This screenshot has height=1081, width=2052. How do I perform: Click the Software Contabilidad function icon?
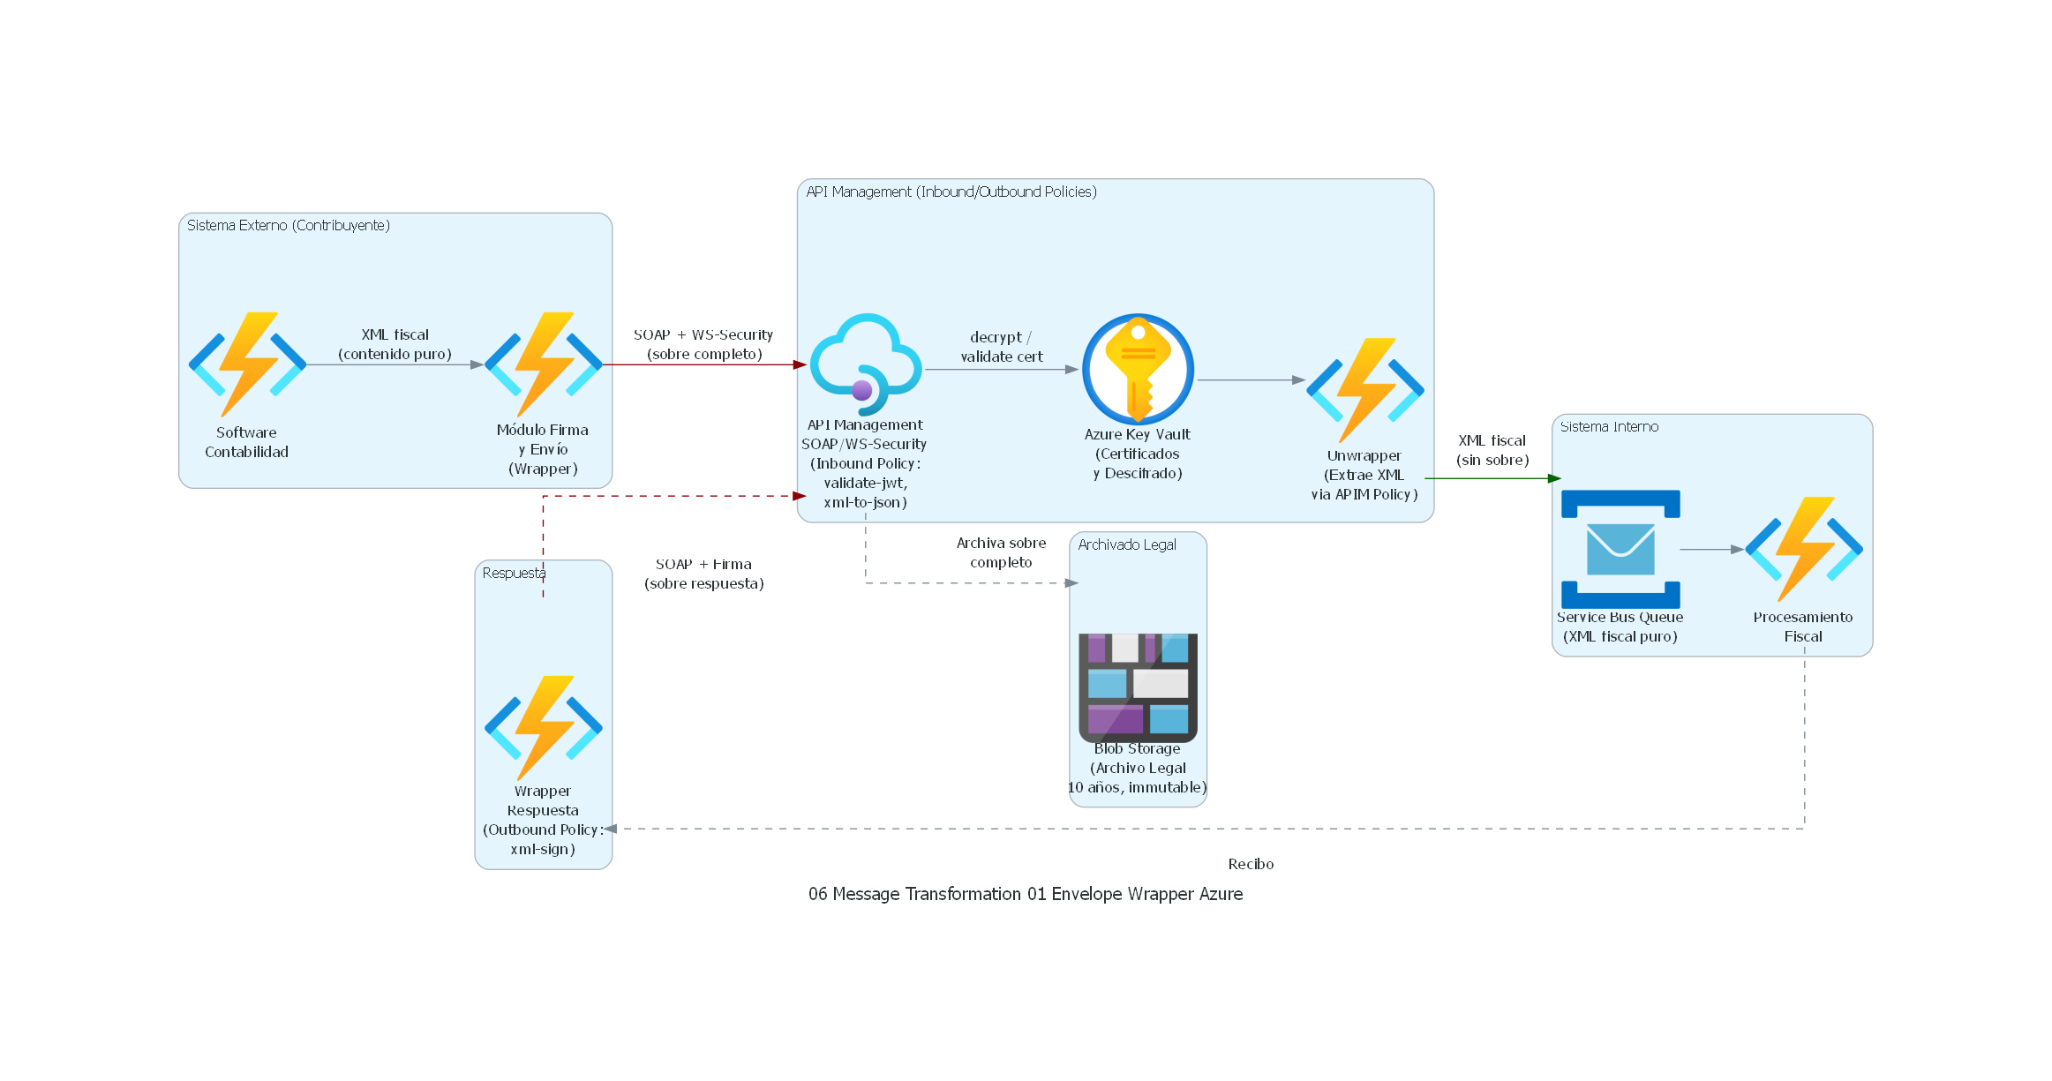pos(247,364)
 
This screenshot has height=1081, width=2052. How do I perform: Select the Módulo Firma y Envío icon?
pos(543,364)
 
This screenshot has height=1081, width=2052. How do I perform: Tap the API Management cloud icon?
pos(866,364)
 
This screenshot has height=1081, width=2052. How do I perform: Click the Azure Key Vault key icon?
pos(1138,369)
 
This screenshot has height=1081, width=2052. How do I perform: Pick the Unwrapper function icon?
pos(1364,389)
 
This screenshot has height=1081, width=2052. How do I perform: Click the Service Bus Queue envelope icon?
pos(1620,549)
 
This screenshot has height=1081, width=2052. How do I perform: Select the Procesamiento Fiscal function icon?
pos(1803,549)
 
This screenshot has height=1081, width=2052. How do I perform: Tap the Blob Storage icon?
pos(1138,687)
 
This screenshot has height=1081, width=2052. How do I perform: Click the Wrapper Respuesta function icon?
pos(543,727)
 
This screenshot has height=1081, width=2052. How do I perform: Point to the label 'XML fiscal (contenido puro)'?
pos(395,344)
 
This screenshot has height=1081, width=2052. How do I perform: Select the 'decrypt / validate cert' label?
pos(1001,347)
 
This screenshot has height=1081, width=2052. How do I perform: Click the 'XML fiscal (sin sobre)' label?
pos(1492,450)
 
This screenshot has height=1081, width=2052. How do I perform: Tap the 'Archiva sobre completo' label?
pos(1001,552)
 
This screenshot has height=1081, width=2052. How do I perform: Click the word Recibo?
pos(1251,864)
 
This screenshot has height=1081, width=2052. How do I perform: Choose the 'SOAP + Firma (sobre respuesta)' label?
pos(703,574)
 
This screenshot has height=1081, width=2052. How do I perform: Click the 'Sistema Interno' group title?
pos(1609,427)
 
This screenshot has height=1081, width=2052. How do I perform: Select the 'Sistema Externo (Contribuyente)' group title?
pos(288,226)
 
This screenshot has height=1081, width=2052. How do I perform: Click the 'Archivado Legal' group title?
pos(1127,545)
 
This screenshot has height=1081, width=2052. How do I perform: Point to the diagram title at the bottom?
pos(1025,894)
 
